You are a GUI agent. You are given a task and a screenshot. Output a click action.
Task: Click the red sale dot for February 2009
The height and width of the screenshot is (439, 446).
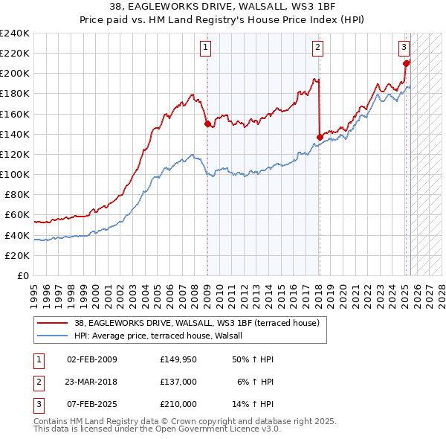point(207,124)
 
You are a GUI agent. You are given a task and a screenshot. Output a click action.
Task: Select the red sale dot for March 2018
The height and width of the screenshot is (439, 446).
point(320,137)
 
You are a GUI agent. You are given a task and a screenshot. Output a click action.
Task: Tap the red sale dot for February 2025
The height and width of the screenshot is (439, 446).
point(406,63)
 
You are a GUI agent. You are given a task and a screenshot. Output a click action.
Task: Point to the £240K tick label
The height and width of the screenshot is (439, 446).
point(15,33)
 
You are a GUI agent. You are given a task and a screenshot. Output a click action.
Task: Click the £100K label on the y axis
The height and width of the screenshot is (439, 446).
point(15,174)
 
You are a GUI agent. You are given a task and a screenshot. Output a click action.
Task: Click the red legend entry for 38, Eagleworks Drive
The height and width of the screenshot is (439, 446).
point(196,323)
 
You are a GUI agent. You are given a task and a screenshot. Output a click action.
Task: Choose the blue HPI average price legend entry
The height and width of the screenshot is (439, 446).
point(164,336)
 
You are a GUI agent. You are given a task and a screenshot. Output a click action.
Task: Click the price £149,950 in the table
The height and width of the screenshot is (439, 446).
point(178,360)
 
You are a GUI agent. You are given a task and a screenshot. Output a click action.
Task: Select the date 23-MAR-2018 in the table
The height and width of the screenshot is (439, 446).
point(91,382)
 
